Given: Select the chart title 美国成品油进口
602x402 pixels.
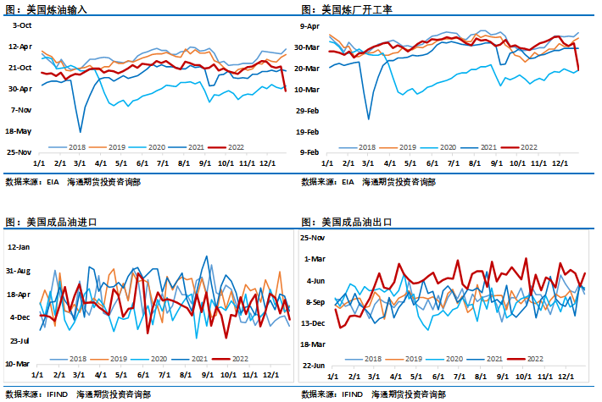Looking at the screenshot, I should (63, 222).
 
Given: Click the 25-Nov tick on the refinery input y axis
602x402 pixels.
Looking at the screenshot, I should (19, 152).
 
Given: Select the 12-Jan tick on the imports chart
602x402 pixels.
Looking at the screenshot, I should (19, 246).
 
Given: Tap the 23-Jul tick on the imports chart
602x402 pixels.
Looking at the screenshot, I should (19, 340).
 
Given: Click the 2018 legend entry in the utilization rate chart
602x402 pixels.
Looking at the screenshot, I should (367, 146).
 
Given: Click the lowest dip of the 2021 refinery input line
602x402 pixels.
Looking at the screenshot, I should (81, 131).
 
